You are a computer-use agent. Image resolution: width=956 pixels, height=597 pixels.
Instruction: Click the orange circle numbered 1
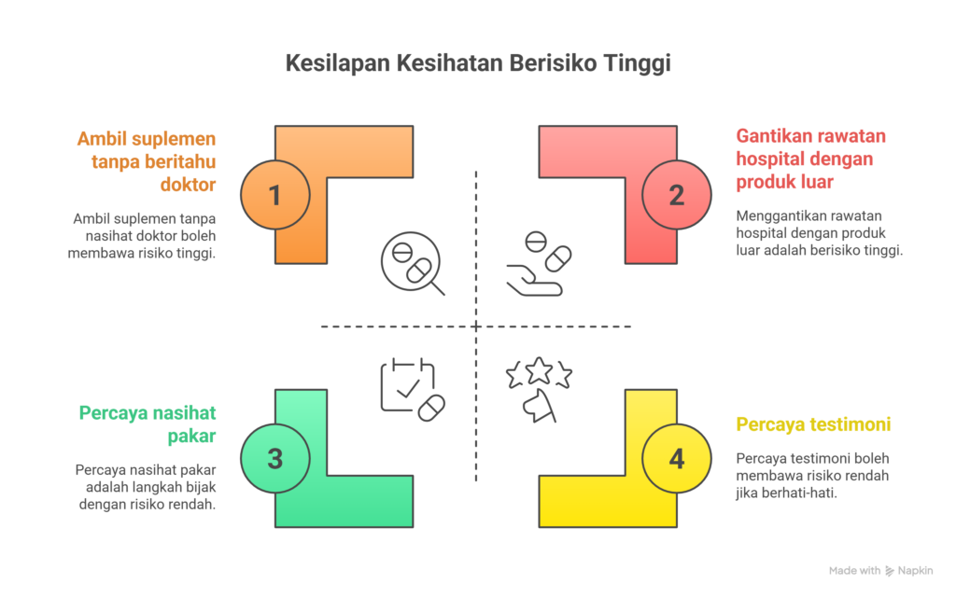click(274, 195)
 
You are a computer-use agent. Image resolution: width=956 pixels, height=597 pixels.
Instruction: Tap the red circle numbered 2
click(677, 195)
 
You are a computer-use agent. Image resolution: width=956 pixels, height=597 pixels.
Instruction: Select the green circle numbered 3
click(274, 458)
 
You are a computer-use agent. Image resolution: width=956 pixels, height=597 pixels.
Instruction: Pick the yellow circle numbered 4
click(677, 458)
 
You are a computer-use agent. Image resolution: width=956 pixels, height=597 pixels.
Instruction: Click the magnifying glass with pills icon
click(412, 263)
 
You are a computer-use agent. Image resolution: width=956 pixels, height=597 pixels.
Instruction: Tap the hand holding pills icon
click(540, 265)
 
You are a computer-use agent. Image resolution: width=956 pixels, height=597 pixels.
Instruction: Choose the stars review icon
click(539, 386)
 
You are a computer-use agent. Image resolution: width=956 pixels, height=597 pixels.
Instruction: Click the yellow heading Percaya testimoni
click(813, 424)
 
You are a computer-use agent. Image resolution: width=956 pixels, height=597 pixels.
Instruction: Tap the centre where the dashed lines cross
click(477, 326)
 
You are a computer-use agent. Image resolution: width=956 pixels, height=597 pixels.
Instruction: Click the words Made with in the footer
click(854, 570)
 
